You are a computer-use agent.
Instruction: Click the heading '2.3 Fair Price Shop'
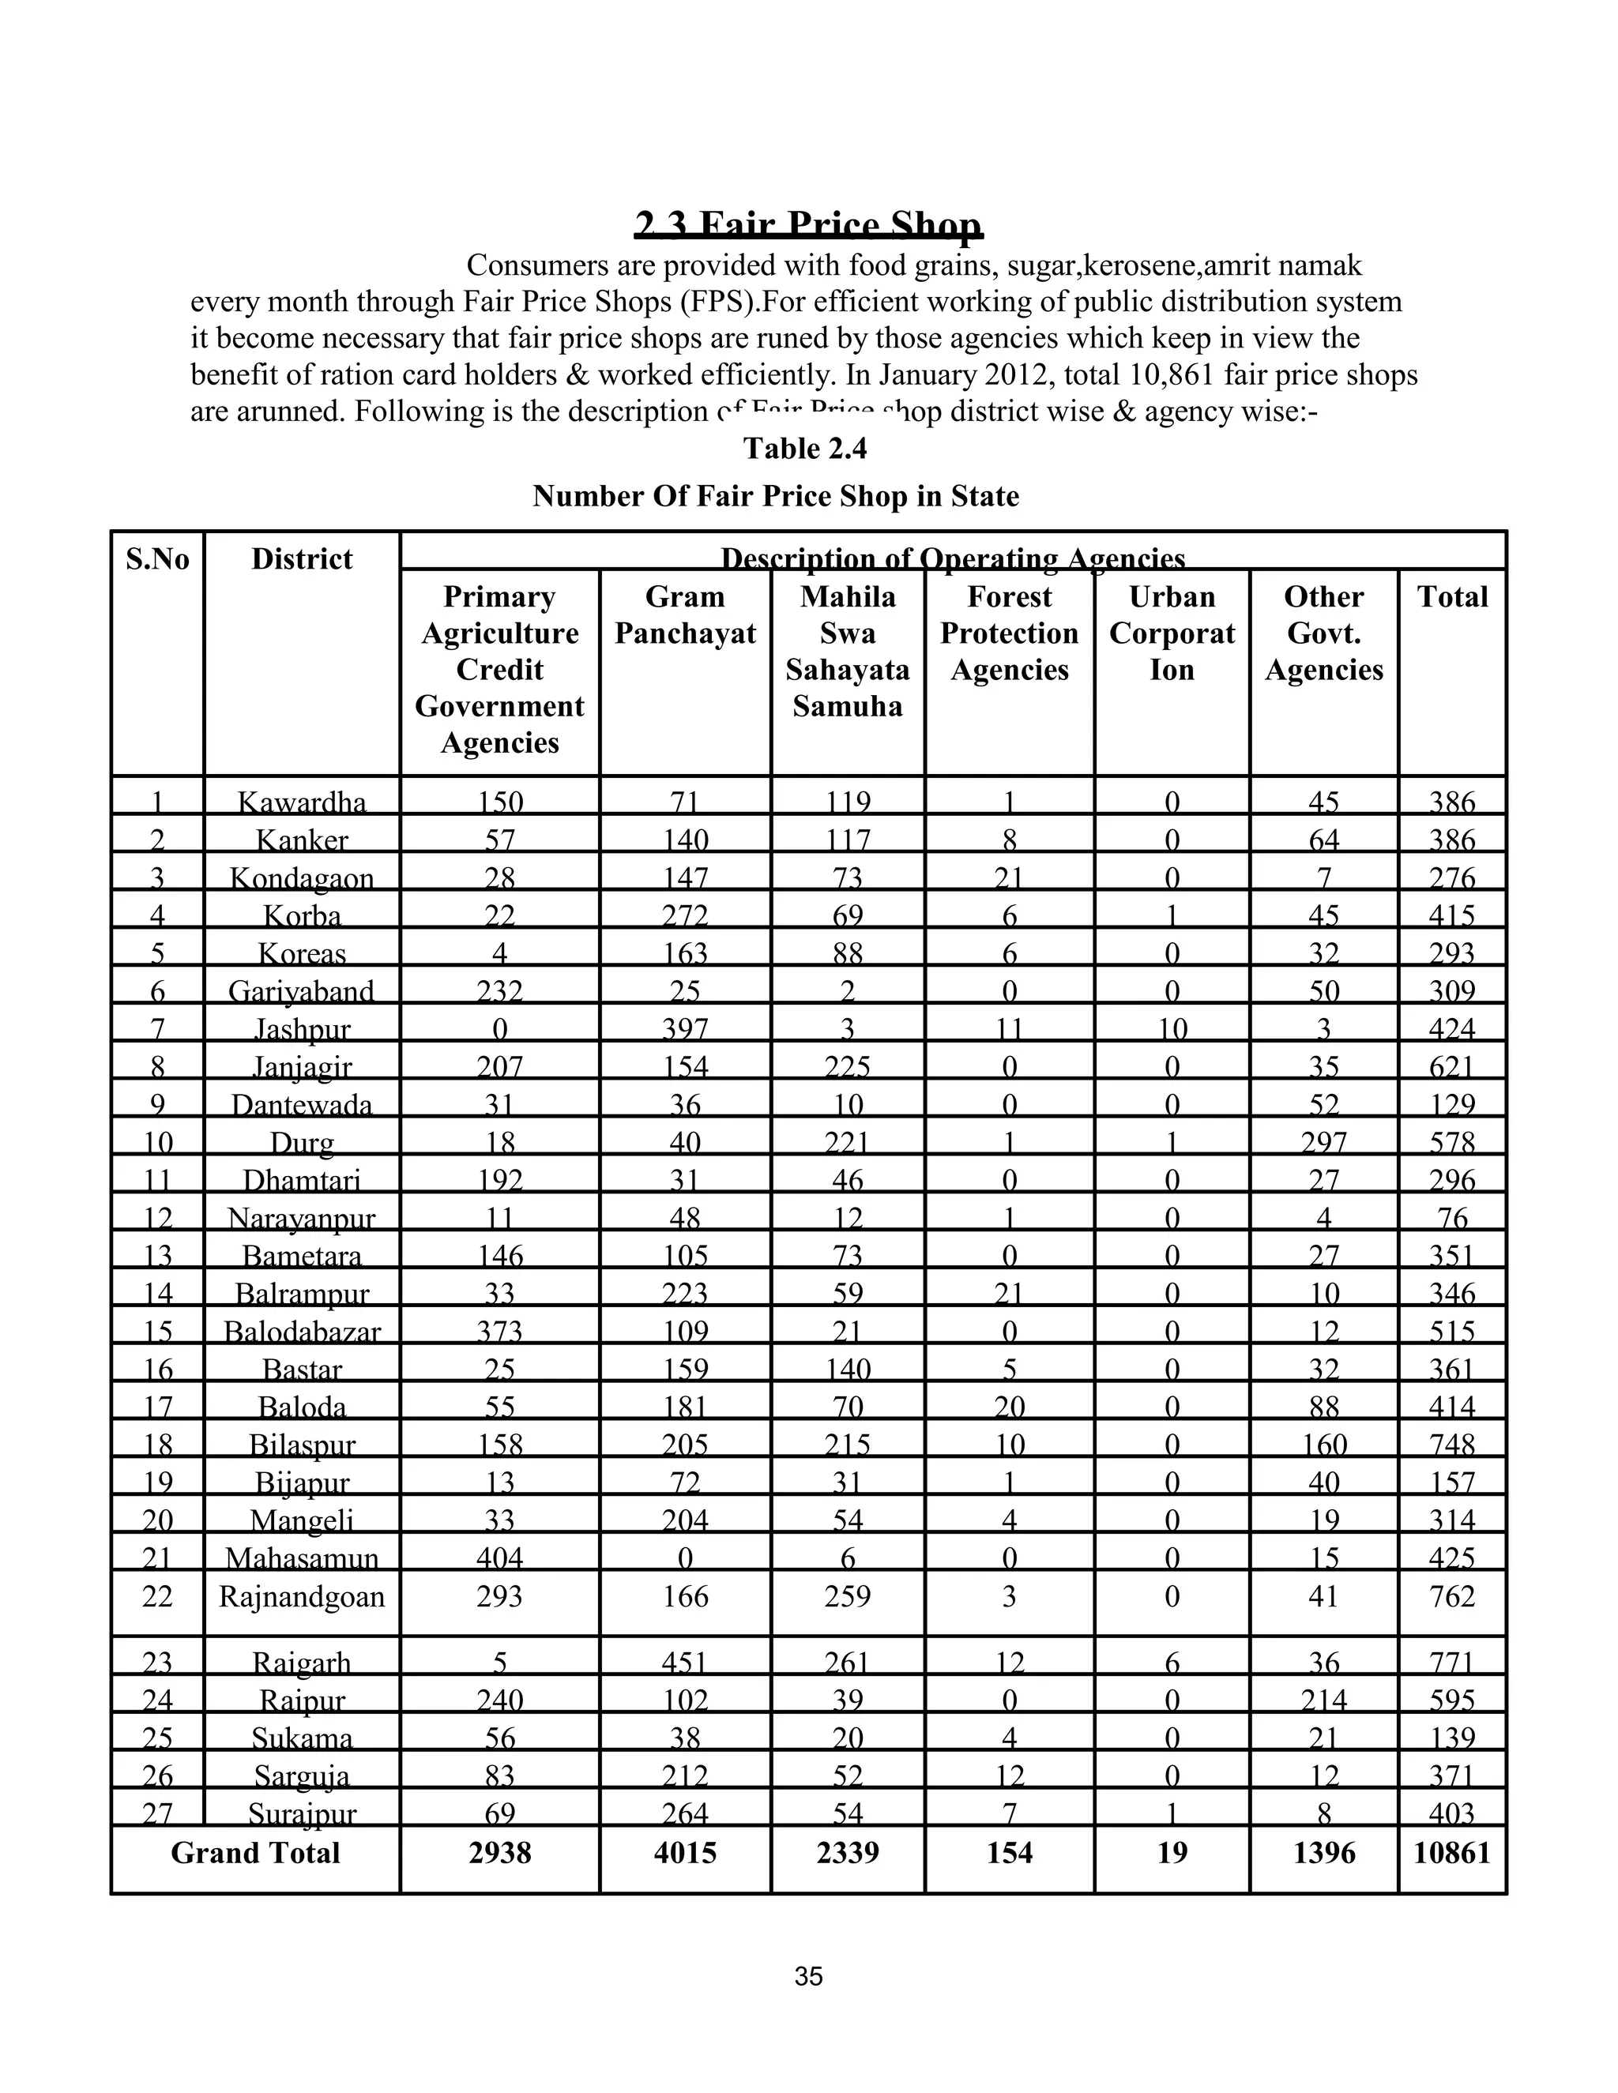[808, 226]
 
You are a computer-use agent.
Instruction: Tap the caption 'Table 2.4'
[805, 449]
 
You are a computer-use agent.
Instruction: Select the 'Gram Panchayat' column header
[684, 615]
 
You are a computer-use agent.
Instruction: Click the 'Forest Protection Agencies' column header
[1010, 633]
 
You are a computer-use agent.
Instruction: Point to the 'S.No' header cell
[157, 558]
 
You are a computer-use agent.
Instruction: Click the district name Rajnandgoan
[302, 1596]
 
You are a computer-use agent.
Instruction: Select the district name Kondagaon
[302, 877]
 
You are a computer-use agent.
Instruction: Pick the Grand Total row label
[255, 1852]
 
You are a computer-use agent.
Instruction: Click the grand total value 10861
[1451, 1852]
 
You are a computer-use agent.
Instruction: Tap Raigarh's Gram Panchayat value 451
[684, 1663]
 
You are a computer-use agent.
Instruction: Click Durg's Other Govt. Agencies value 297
[1324, 1142]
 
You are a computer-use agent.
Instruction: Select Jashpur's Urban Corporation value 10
[1172, 1029]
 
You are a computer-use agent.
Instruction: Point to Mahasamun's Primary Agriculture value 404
[499, 1558]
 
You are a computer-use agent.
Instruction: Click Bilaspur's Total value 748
[1451, 1445]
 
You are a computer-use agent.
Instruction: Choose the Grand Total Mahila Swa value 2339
[848, 1852]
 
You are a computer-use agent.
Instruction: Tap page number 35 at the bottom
[808, 1977]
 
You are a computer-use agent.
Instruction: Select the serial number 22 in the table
[157, 1596]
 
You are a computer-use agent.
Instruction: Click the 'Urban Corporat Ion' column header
[1172, 633]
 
